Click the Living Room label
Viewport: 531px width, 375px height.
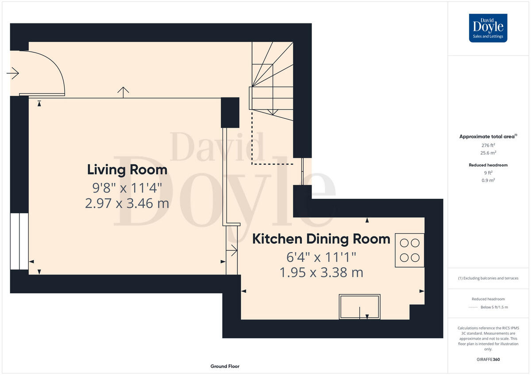127,170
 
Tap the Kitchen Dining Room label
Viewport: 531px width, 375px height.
321,239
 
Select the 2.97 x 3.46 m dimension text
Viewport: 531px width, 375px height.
127,203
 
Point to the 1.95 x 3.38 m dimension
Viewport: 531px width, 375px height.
321,273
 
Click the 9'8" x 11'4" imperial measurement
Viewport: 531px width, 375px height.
127,188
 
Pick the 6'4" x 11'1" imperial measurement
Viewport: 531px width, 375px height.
321,257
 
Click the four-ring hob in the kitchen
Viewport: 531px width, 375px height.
409,250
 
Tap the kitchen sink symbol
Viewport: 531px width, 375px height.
360,307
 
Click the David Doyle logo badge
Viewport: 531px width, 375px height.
488,28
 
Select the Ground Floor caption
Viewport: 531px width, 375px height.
225,366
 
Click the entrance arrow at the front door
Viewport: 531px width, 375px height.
13,73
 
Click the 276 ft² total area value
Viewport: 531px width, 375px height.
488,145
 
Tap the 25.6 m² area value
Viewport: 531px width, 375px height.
488,153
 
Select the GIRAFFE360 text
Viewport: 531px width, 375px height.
488,360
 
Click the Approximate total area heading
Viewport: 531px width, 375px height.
488,136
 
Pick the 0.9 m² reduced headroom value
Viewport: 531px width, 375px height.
488,180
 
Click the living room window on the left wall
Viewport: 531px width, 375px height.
19,241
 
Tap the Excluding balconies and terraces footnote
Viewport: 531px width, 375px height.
488,278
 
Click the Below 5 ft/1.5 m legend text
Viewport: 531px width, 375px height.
494,307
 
